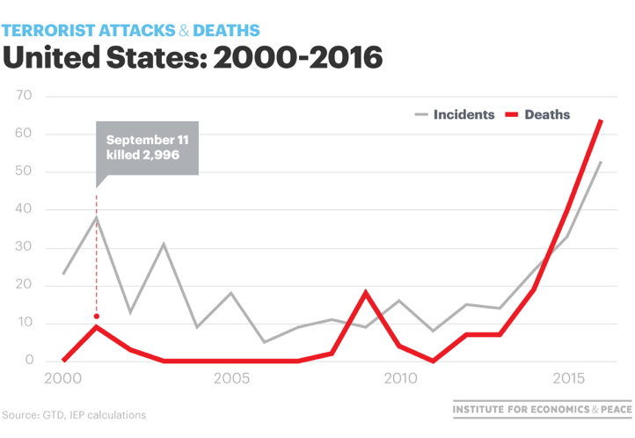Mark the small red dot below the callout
click(x=97, y=316)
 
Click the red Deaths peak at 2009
click(x=366, y=292)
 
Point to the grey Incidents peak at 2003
click(x=164, y=244)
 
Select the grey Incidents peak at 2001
click(x=97, y=217)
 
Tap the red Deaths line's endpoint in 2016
click(x=602, y=120)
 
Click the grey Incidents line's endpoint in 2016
click(x=602, y=161)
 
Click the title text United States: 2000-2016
click(x=193, y=58)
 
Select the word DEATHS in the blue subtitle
click(x=226, y=31)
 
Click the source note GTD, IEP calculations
click(x=74, y=414)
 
